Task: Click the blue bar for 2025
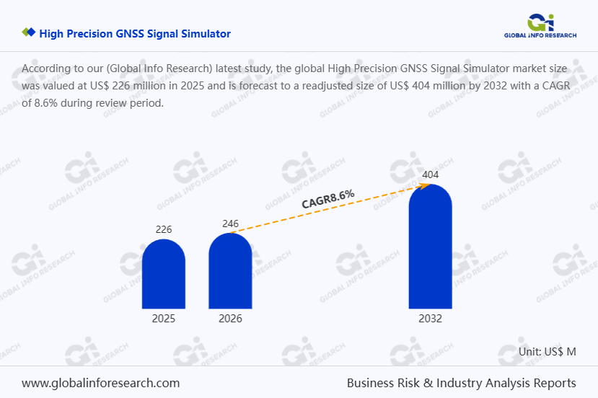164,274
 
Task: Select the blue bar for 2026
230,271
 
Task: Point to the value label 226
164,230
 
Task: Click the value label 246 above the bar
230,224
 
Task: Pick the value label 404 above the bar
430,175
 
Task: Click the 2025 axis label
164,319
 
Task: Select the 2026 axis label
230,319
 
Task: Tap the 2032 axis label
430,319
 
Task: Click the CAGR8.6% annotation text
328,199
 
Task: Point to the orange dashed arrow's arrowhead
426,185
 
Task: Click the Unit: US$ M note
548,352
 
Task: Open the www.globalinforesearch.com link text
100,383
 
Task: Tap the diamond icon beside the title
29,33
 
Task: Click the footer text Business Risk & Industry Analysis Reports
461,383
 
